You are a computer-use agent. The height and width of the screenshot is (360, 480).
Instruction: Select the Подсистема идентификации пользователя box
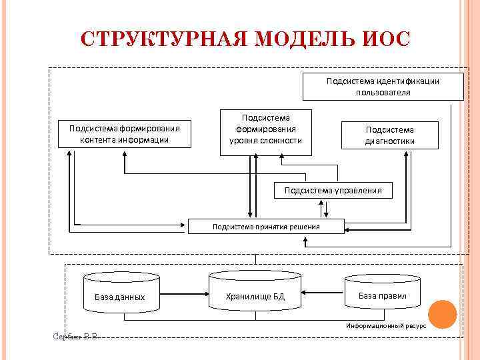click(383, 87)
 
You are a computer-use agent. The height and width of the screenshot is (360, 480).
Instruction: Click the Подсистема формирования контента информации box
click(124, 134)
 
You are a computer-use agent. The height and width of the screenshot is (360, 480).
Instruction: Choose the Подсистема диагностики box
click(389, 135)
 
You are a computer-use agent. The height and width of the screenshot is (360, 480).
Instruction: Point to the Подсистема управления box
click(333, 190)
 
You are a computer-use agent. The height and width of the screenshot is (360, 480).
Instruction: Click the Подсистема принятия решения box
click(266, 227)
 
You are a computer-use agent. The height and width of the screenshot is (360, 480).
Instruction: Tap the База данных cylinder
click(120, 293)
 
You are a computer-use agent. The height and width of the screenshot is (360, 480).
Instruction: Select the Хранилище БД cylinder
click(255, 293)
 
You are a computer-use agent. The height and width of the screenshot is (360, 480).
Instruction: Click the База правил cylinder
click(382, 293)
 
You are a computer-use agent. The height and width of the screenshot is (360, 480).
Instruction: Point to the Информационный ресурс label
click(385, 325)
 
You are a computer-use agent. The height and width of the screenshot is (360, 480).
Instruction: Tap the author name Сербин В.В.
click(75, 336)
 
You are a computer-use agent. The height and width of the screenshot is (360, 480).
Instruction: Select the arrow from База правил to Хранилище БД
click(323, 292)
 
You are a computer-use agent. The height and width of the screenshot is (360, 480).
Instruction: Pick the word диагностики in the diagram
click(389, 141)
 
